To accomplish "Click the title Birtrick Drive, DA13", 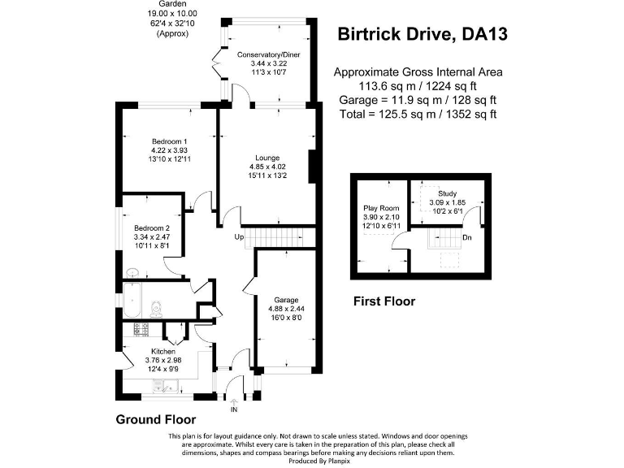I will point(424,34).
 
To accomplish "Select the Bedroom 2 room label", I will point(152,227).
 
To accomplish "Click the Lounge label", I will point(267,158).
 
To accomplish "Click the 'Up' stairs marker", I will point(239,236).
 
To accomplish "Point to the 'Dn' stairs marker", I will point(467,238).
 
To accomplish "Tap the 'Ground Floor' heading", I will point(156,420).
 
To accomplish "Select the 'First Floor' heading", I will point(383,301).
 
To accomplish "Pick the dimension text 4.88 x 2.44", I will point(284,309).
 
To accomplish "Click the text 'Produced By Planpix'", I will point(311,461).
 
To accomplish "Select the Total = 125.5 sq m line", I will point(418,114).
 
